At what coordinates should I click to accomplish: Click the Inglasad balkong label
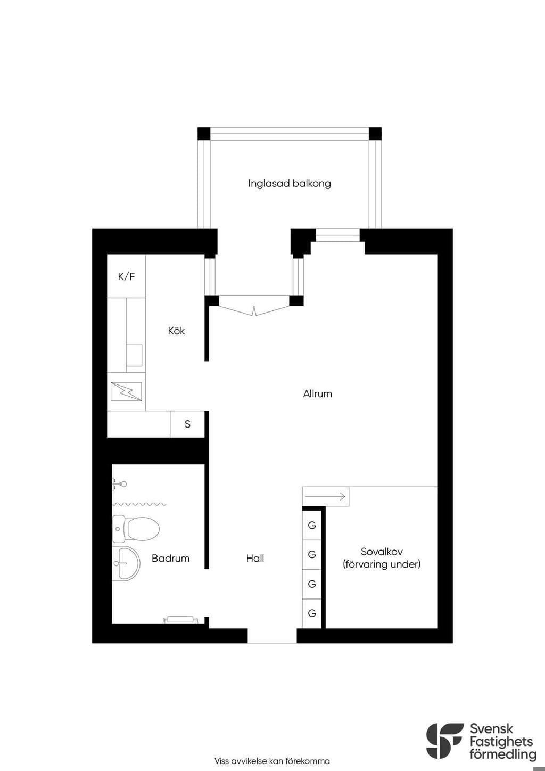click(x=290, y=184)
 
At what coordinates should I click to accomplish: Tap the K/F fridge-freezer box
click(x=126, y=276)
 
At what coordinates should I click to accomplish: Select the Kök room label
click(x=176, y=331)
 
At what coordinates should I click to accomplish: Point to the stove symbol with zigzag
click(x=126, y=391)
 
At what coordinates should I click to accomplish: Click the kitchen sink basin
click(x=134, y=355)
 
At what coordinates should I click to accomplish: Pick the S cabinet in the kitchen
click(x=187, y=424)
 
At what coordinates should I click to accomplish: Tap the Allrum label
click(x=317, y=394)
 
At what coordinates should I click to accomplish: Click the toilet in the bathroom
click(x=136, y=528)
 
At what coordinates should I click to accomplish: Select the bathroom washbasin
click(x=126, y=563)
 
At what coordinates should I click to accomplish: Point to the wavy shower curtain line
click(x=139, y=504)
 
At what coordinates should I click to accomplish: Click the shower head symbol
click(x=119, y=484)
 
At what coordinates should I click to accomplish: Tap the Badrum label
click(x=170, y=559)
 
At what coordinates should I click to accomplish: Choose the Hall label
click(x=255, y=559)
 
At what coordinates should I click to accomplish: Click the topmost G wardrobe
click(x=312, y=525)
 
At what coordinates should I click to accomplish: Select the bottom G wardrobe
click(x=312, y=613)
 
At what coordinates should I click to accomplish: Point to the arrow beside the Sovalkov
click(x=325, y=496)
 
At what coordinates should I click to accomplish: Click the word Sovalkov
click(x=382, y=552)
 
